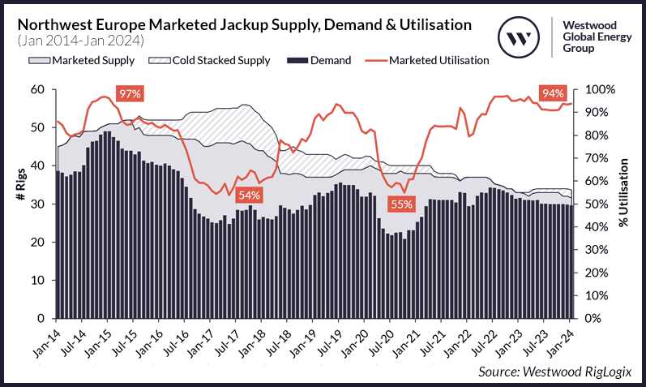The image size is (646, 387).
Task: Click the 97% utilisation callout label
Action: (130, 94)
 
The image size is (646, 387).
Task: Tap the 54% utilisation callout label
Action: (249, 196)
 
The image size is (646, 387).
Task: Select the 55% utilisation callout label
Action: (400, 204)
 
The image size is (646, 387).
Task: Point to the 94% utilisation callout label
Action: (553, 94)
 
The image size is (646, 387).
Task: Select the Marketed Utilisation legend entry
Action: (430, 60)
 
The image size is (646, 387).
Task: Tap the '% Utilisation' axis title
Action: (625, 204)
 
